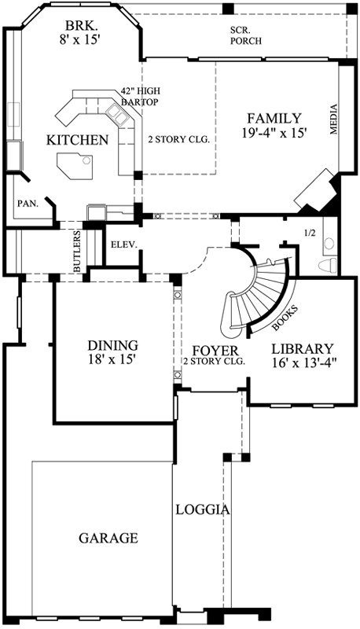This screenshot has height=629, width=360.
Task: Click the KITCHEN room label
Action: [77, 140]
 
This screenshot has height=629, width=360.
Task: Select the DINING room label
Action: [113, 345]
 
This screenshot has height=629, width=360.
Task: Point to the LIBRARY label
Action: [303, 348]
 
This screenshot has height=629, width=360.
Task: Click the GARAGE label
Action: [108, 539]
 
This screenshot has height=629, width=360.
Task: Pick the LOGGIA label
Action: [203, 509]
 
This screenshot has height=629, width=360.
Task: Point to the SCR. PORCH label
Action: [246, 35]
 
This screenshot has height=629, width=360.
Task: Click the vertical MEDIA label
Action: [333, 120]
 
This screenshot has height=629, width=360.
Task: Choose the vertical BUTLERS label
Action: [78, 252]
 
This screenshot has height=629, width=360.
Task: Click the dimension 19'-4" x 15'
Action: [274, 134]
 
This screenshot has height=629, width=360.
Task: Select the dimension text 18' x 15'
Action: [113, 360]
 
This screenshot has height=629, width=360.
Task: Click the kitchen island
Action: [74, 165]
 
